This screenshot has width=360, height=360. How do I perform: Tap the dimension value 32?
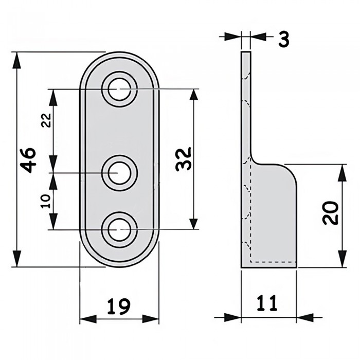pos(183,158)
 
